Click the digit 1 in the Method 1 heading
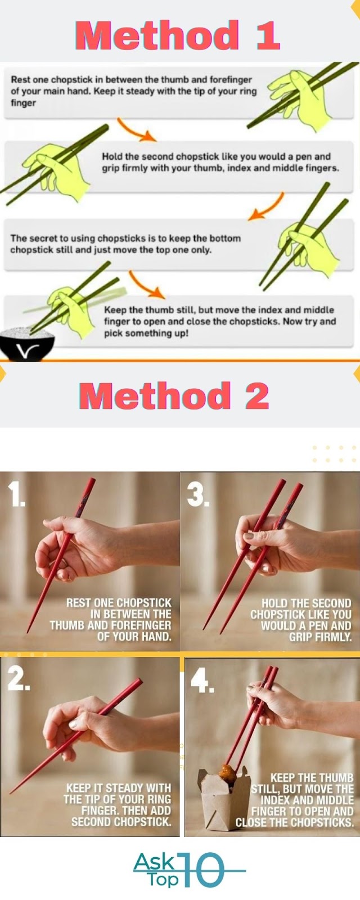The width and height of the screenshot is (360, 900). (x=267, y=35)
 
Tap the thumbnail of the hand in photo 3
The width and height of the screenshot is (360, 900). (x=249, y=536)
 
